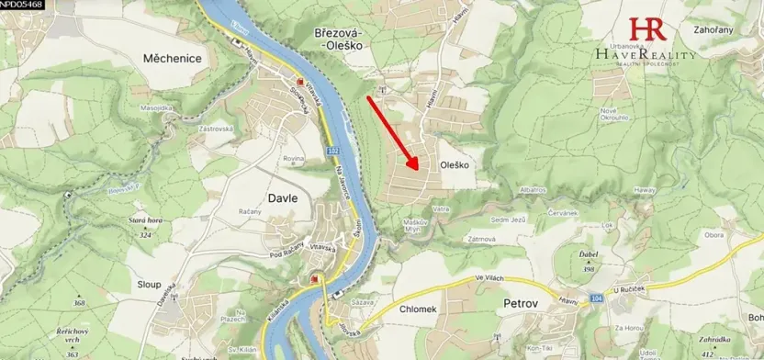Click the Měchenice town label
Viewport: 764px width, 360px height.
coord(172,57)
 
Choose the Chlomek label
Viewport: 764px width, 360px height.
coord(422,309)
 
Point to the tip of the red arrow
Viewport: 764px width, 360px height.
coord(420,171)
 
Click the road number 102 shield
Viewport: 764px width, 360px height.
coord(331,150)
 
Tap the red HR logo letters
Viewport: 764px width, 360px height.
coord(646,28)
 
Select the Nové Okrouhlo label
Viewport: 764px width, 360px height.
coord(613,115)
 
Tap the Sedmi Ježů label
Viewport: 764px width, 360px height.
coord(507,219)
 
